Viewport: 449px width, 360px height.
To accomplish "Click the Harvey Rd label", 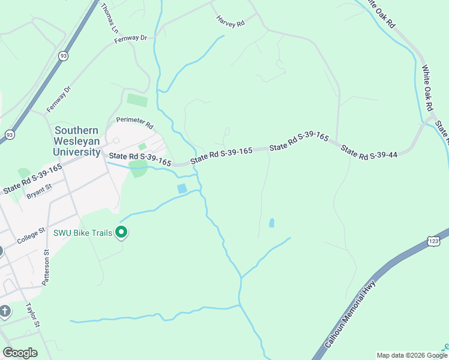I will pyautogui.click(x=231, y=22).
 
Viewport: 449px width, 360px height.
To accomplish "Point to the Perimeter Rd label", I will pyautogui.click(x=135, y=123).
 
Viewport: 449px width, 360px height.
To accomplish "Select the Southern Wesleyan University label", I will pyautogui.click(x=77, y=141).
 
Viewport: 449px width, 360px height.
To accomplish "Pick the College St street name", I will pyautogui.click(x=31, y=235).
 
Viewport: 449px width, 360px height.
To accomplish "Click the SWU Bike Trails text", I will pyautogui.click(x=83, y=233).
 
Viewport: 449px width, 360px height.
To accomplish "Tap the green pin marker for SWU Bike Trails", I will pyautogui.click(x=122, y=232).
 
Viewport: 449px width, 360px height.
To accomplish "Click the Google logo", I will pyautogui.click(x=20, y=353).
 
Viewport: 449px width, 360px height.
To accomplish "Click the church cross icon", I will pyautogui.click(x=4, y=311).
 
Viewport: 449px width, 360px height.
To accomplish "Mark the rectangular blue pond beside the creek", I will pyautogui.click(x=182, y=188).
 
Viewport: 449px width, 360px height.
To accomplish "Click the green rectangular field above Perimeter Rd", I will pyautogui.click(x=137, y=100).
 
